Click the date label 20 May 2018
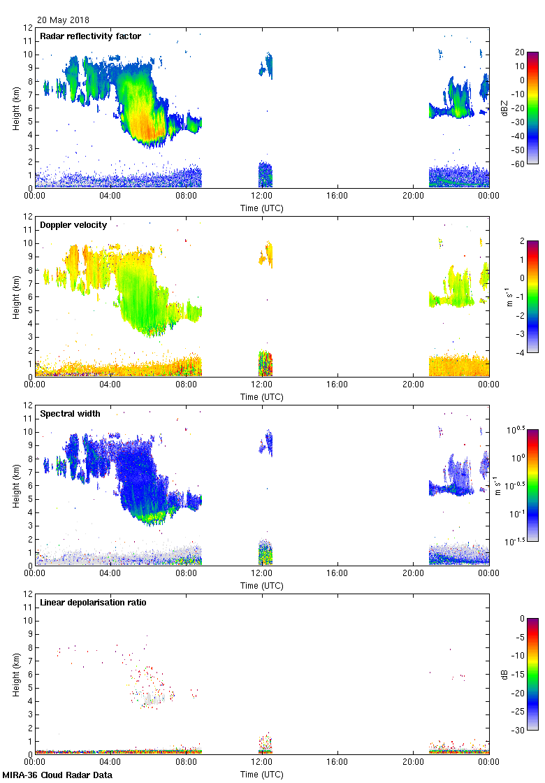click(63, 20)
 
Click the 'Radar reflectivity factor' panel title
click(90, 36)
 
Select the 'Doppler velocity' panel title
click(73, 225)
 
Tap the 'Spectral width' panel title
click(70, 414)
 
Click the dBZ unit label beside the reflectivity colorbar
click(504, 108)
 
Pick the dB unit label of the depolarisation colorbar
click(504, 674)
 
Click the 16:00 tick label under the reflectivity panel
click(337, 196)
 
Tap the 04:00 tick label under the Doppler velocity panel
click(110, 385)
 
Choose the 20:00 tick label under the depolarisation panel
click(413, 762)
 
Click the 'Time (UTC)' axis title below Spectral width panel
click(262, 586)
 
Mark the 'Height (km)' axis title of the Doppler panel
click(16, 296)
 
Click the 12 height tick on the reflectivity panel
click(29, 28)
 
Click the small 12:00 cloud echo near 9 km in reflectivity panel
click(266, 65)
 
